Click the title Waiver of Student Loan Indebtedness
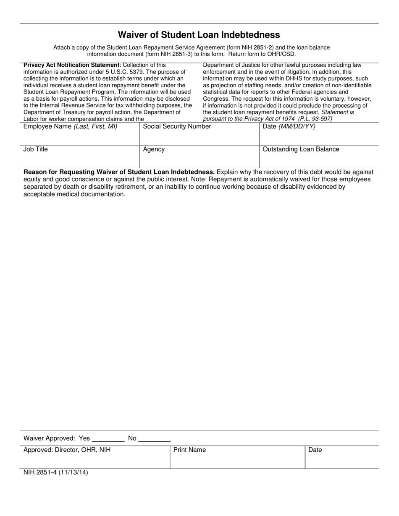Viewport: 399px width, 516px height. point(199,35)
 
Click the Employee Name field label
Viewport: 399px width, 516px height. point(70,127)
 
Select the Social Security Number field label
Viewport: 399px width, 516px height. point(177,127)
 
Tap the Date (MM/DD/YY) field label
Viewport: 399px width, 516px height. point(289,127)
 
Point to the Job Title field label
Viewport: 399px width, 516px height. point(36,149)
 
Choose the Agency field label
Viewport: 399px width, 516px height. point(154,149)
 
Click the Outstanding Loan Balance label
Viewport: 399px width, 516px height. point(301,149)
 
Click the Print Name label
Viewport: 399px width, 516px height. point(189,450)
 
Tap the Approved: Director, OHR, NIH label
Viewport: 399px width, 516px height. point(67,450)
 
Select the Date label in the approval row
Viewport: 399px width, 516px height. point(315,450)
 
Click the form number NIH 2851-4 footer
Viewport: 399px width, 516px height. point(56,472)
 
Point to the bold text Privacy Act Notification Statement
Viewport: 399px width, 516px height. point(71,65)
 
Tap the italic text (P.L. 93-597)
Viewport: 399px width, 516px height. point(315,119)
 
